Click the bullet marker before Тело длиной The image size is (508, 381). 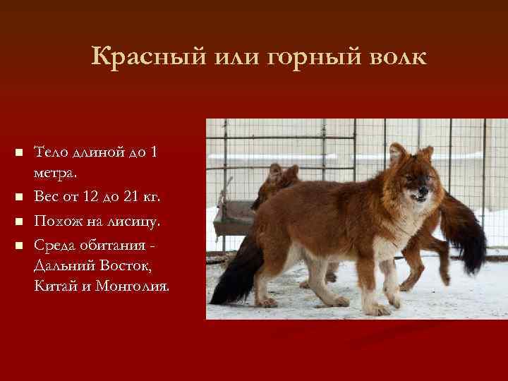pyautogui.click(x=19, y=153)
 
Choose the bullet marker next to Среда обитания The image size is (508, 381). pyautogui.click(x=19, y=246)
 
